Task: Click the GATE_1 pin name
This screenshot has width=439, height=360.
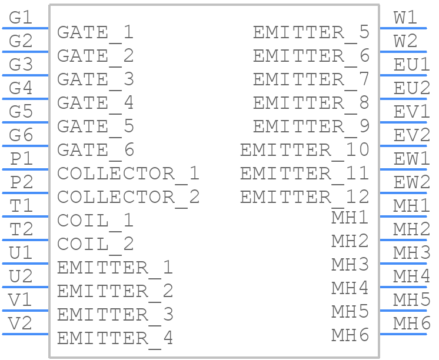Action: pyautogui.click(x=95, y=34)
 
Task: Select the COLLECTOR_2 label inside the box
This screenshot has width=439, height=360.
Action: pyautogui.click(x=128, y=198)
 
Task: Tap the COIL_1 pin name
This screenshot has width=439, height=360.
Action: pyautogui.click(x=95, y=222)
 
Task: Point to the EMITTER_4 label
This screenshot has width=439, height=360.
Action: pyautogui.click(x=115, y=339)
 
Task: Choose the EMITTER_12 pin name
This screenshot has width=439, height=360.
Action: pyautogui.click(x=305, y=198)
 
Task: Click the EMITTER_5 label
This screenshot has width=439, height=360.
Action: pyautogui.click(x=311, y=34)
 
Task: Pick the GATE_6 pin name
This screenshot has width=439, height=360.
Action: pyautogui.click(x=95, y=151)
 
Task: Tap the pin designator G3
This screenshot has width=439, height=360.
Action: pyautogui.click(x=21, y=64)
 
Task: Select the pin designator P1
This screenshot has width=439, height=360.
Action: pyautogui.click(x=22, y=158)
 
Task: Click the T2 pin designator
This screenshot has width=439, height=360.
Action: pyautogui.click(x=21, y=229)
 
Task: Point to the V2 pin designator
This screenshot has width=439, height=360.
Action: pyautogui.click(x=20, y=323)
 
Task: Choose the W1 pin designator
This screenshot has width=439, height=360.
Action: pyautogui.click(x=405, y=18)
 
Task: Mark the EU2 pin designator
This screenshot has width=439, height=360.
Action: pyautogui.click(x=411, y=88)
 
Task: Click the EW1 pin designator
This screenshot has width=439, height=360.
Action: pyautogui.click(x=411, y=158)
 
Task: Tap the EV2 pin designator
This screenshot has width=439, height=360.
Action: pyautogui.click(x=411, y=135)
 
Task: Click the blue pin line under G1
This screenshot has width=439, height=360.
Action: pyautogui.click(x=25, y=28)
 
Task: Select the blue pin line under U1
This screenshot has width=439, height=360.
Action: pyautogui.click(x=25, y=264)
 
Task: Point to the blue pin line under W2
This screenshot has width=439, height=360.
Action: pyautogui.click(x=403, y=52)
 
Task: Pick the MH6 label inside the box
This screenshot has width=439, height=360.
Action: pyautogui.click(x=350, y=335)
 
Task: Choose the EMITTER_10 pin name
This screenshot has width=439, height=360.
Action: pyautogui.click(x=305, y=151)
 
